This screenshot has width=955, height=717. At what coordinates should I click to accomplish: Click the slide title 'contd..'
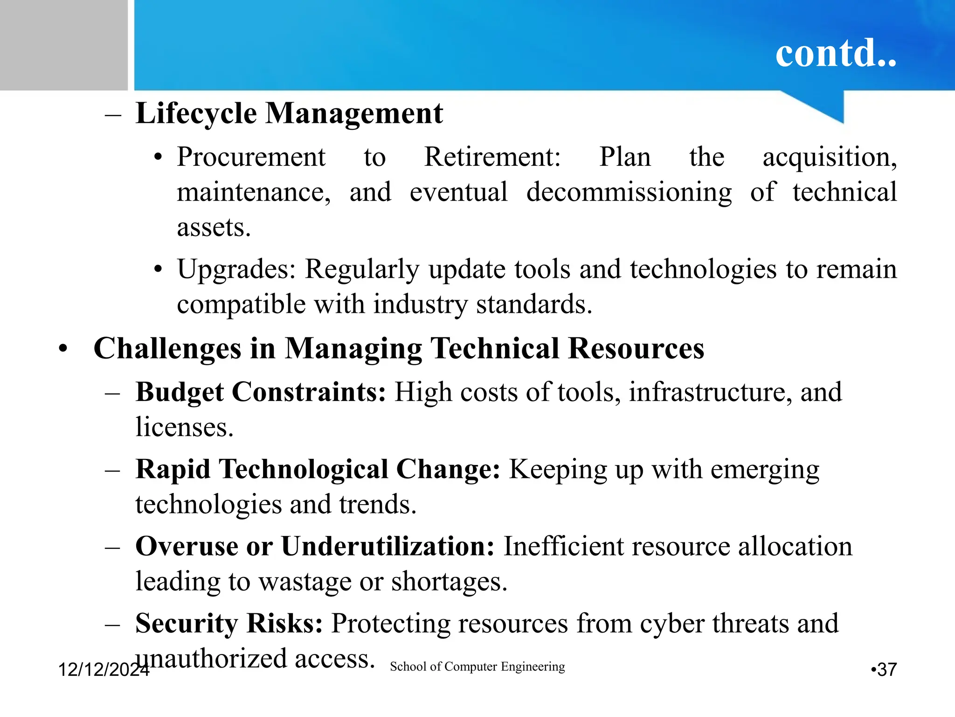coord(836,53)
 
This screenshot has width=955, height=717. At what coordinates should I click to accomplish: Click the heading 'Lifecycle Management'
coord(289,113)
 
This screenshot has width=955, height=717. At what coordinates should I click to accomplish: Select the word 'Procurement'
coord(251,157)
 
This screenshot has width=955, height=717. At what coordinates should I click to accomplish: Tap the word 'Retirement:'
coord(492,157)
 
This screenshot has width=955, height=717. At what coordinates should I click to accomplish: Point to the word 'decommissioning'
coord(629,193)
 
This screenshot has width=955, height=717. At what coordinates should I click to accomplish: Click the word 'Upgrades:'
coord(236,269)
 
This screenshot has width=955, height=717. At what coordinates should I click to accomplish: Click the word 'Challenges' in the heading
coord(167,349)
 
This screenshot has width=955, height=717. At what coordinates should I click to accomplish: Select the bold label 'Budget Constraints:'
coord(261,392)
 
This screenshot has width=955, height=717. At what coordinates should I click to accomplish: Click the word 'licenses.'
coord(184,427)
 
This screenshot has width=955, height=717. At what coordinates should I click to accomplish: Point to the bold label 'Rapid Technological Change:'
coord(318,469)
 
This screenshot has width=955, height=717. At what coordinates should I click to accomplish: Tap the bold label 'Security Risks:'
coord(229,623)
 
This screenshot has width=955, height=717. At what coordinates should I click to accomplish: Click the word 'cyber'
coord(671,624)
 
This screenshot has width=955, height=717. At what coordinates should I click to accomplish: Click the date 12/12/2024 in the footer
coord(104,669)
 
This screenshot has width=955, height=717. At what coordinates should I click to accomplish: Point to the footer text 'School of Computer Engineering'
coord(477,667)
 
